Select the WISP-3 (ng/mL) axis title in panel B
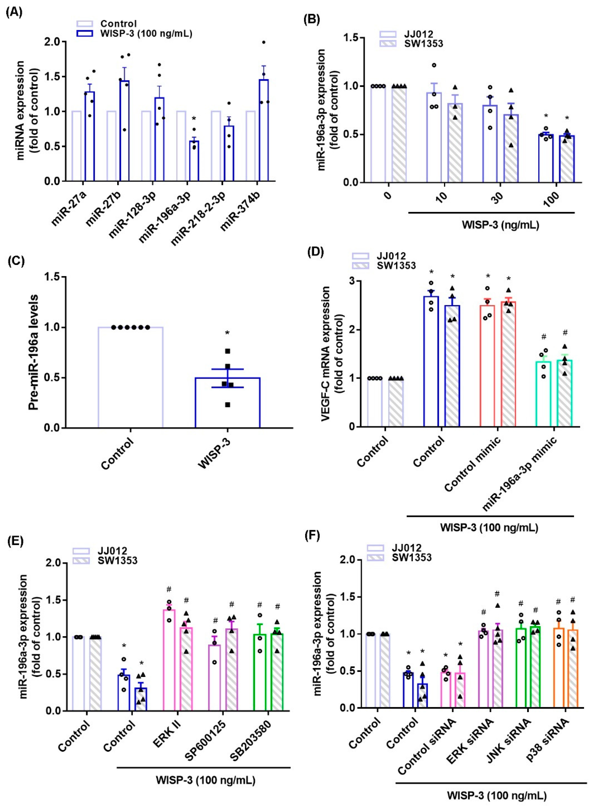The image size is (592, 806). pyautogui.click(x=500, y=225)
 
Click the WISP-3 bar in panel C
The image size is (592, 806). pyautogui.click(x=227, y=403)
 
